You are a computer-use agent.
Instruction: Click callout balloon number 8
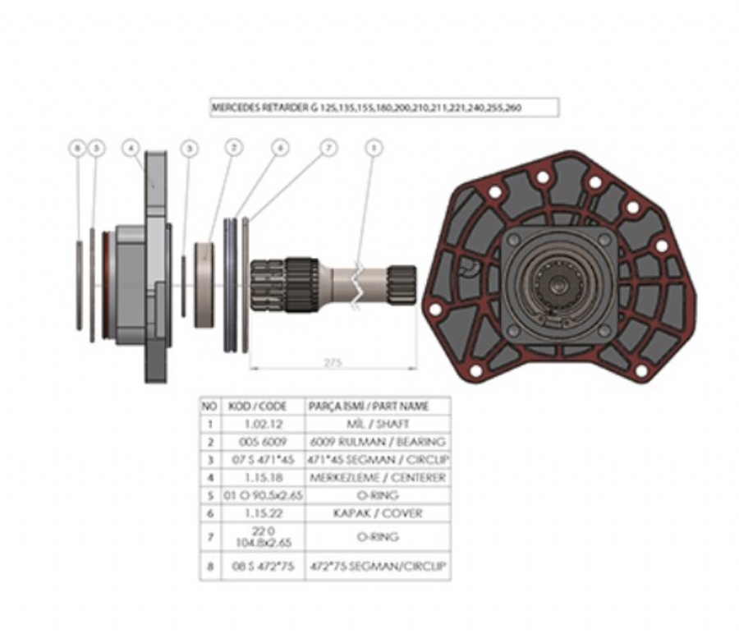point(78,149)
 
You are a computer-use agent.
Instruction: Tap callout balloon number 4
point(131,149)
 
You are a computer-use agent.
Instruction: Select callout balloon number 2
point(234,148)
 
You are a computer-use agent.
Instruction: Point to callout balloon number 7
point(328,148)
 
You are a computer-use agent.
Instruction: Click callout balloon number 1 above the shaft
point(374,148)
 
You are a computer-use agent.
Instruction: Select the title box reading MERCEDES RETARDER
point(384,108)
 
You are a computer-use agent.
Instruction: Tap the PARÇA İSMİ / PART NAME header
point(379,406)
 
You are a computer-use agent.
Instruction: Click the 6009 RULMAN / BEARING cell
point(379,442)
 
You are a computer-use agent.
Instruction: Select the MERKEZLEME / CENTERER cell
point(379,477)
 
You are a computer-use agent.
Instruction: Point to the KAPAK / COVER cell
point(379,513)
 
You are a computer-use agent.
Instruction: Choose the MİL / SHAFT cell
point(379,424)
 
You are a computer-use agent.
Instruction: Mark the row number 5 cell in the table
point(210,495)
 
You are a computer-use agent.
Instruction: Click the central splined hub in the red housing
point(558,284)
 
